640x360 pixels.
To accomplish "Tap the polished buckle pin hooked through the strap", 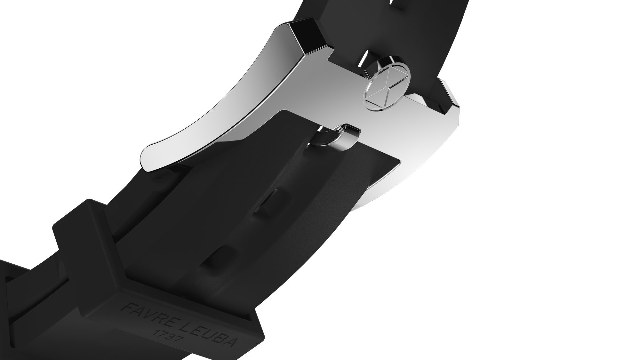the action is [342, 138].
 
